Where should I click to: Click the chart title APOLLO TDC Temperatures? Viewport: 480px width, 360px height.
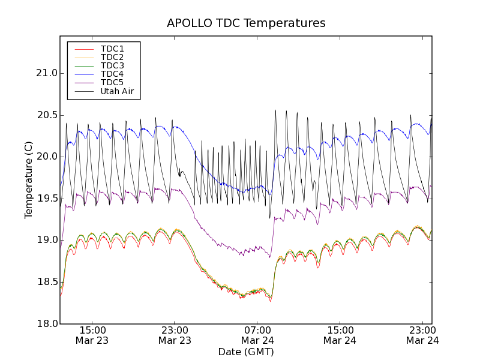(246, 23)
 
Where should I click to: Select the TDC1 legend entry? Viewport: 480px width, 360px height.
(112, 49)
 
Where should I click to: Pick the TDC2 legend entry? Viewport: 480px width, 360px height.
(112, 57)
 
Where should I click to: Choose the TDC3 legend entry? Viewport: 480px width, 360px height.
(112, 65)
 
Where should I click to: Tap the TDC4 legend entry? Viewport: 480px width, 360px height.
(112, 74)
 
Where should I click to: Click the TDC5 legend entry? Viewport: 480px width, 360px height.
(112, 82)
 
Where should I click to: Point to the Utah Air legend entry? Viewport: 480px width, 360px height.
(117, 91)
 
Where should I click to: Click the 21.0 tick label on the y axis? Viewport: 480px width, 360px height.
(46, 73)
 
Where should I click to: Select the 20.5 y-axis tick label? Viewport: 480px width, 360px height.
(46, 115)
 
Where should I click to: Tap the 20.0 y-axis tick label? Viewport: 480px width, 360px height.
(46, 157)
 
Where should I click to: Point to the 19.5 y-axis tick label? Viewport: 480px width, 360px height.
(46, 199)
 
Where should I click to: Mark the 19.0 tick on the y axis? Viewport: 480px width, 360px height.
(46, 240)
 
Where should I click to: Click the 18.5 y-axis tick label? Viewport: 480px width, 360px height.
(46, 282)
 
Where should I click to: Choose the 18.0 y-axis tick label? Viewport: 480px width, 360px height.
(46, 324)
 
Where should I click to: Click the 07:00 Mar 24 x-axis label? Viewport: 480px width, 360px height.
(257, 335)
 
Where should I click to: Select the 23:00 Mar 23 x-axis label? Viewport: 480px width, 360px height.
(175, 335)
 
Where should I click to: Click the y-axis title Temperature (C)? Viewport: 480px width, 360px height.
(29, 179)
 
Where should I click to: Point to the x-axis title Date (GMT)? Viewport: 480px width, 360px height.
(246, 352)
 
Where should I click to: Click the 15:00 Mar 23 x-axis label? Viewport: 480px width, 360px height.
(92, 335)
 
